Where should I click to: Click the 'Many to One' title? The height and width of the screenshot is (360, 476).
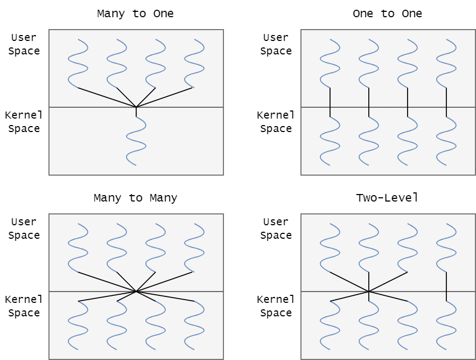point(135,13)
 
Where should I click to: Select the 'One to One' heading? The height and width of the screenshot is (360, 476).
point(387,13)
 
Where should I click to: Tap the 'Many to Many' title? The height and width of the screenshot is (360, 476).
point(135,198)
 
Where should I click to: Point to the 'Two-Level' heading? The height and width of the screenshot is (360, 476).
point(387,198)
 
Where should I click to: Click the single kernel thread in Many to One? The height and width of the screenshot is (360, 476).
point(136,141)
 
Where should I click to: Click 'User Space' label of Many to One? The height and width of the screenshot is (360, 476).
point(24,44)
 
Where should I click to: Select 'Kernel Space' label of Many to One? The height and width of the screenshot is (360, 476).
point(23,122)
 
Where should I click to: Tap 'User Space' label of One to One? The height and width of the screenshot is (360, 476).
point(276,44)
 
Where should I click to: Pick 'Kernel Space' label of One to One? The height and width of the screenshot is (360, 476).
point(276,122)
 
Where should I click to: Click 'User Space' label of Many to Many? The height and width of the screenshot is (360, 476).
point(24,229)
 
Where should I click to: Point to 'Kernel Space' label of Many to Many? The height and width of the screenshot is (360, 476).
point(23,306)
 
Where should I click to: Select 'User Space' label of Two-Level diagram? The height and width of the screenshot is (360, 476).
point(276,229)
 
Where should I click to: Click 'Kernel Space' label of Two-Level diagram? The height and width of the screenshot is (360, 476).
point(276,306)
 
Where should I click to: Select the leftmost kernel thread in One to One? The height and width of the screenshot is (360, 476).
point(330,141)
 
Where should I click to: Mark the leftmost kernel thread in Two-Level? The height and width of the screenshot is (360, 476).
point(330,326)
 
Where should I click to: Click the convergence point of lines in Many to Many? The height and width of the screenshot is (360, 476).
point(136,292)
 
